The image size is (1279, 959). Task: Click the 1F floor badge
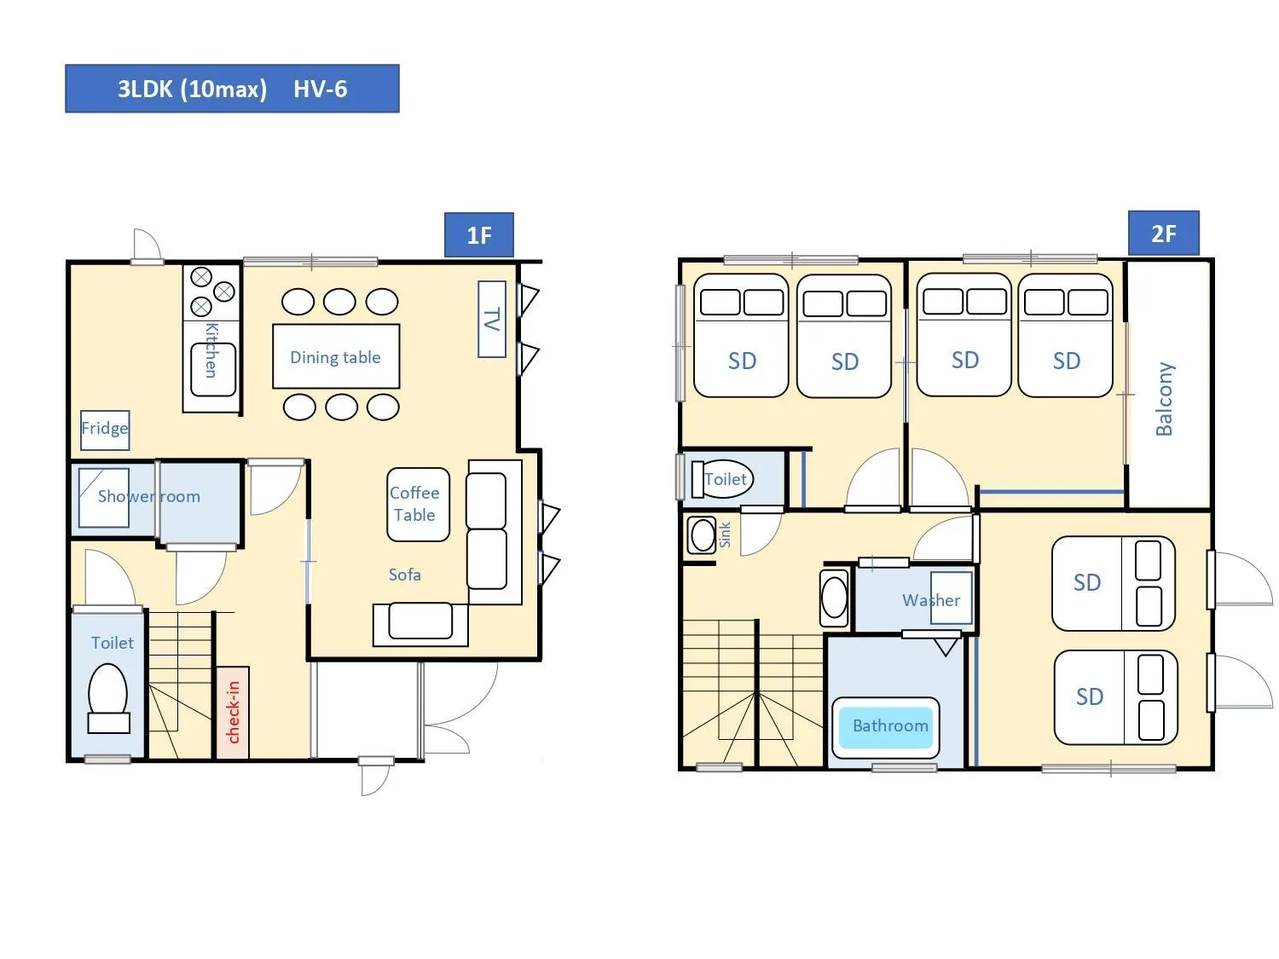pyautogui.click(x=478, y=235)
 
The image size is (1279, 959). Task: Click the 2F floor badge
pyautogui.click(x=1163, y=234)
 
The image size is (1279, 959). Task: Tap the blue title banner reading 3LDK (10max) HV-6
pyautogui.click(x=232, y=89)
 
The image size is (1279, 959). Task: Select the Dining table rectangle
pyautogui.click(x=336, y=356)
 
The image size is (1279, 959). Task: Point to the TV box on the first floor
pyautogui.click(x=492, y=319)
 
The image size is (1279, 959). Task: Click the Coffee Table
pyautogui.click(x=418, y=504)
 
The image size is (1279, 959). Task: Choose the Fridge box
pyautogui.click(x=105, y=429)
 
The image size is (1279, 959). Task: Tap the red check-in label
pyautogui.click(x=233, y=712)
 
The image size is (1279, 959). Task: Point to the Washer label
pyautogui.click(x=931, y=600)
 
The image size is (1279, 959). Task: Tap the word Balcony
pyautogui.click(x=1164, y=398)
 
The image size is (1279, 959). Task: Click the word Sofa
pyautogui.click(x=404, y=575)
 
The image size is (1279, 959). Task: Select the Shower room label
pyautogui.click(x=148, y=496)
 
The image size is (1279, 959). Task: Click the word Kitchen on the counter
pyautogui.click(x=211, y=350)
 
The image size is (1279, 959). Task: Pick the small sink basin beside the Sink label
pyautogui.click(x=703, y=535)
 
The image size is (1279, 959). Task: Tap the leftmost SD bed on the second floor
pyautogui.click(x=741, y=336)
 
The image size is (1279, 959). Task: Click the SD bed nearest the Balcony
pyautogui.click(x=1065, y=336)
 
